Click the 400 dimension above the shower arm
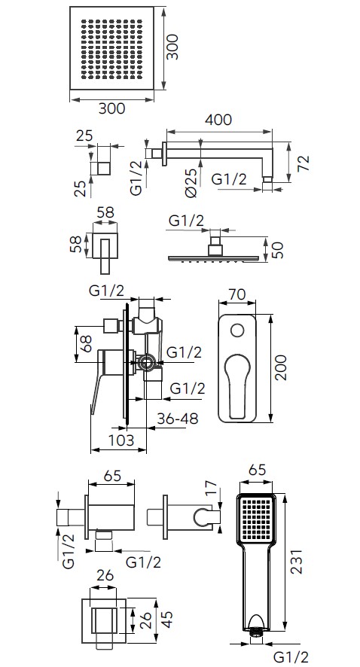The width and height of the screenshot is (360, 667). [x=218, y=120]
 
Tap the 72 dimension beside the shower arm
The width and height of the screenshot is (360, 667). [x=304, y=163]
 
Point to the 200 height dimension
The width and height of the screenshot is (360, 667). [x=280, y=367]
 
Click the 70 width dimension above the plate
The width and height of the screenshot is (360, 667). [x=237, y=295]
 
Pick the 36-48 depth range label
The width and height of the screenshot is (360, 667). [x=178, y=419]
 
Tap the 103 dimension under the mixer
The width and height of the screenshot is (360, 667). [x=121, y=440]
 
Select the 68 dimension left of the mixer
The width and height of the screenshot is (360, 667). [x=87, y=344]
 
